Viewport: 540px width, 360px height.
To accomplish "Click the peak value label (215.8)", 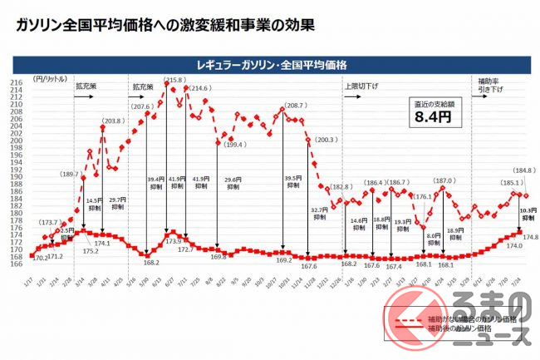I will coord(174,80).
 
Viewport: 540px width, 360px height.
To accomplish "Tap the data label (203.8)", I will coord(114,121).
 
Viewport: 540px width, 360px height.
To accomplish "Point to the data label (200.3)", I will coord(327,140).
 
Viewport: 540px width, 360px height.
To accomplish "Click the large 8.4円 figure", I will coord(433,117).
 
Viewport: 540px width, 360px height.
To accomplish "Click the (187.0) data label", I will coord(444,179).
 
